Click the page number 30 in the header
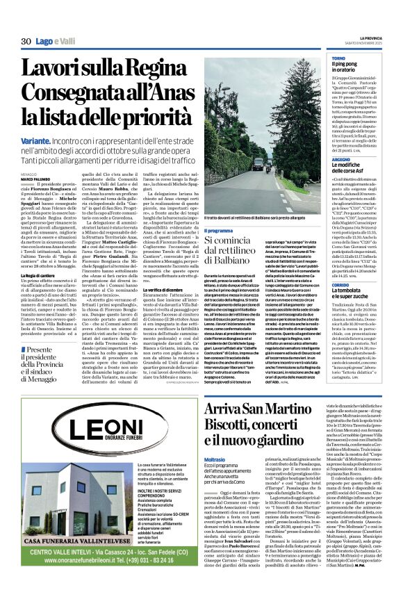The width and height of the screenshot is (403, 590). point(26,42)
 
